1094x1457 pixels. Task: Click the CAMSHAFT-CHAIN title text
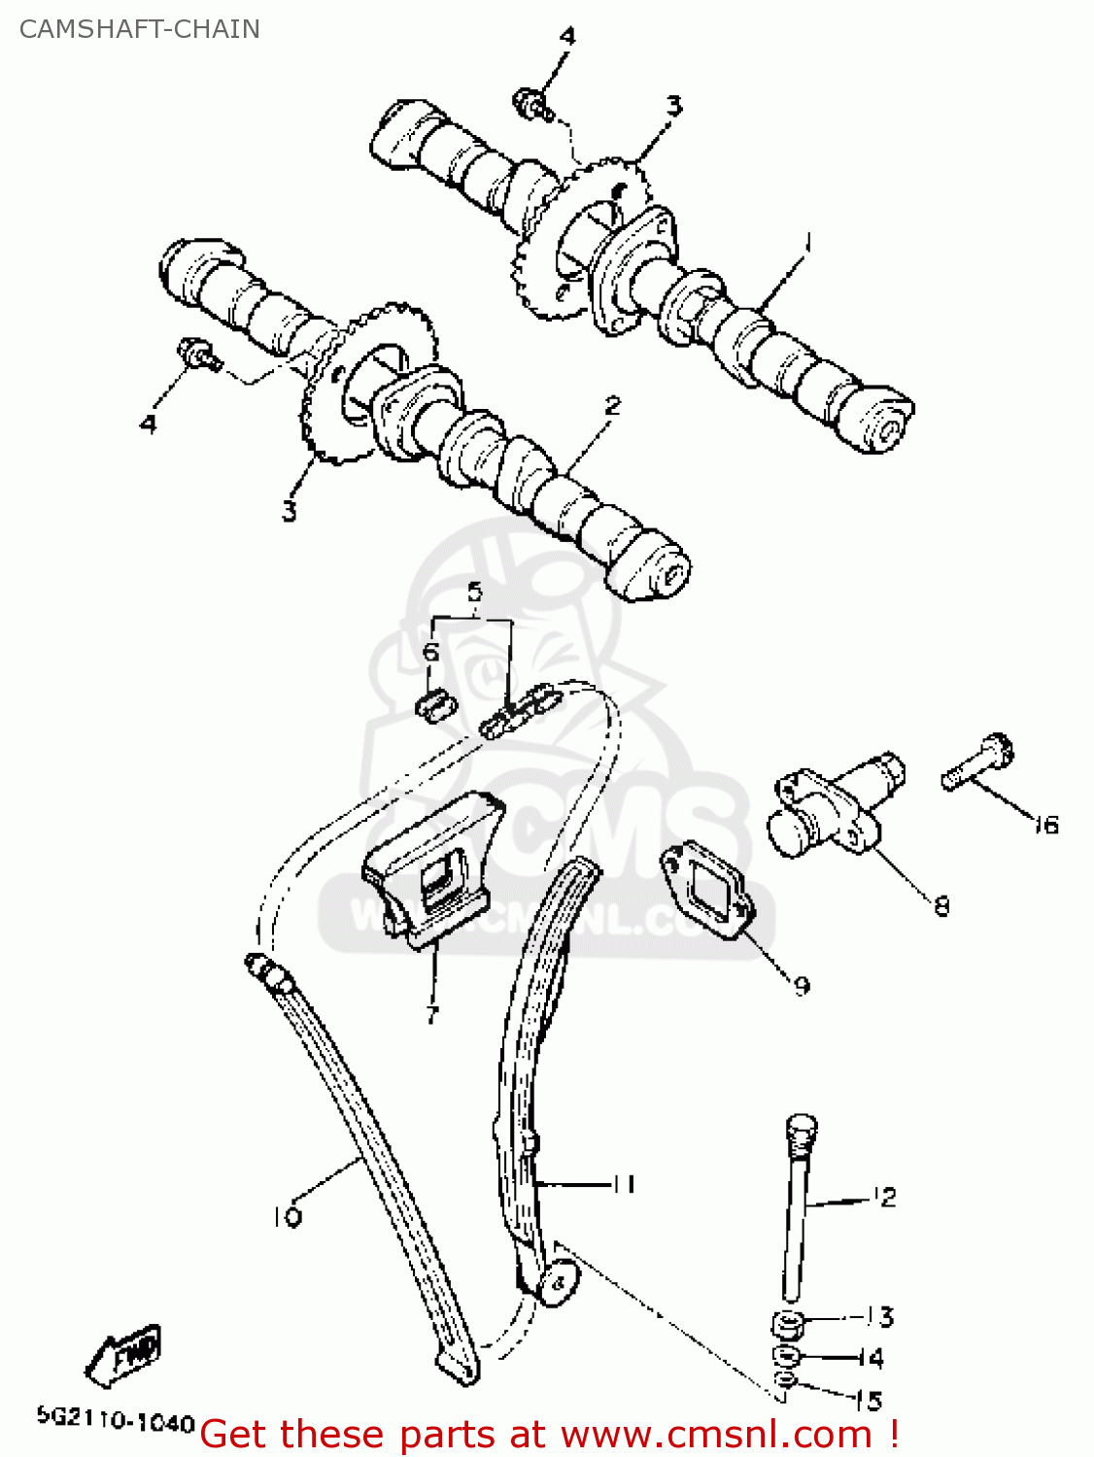click(x=140, y=29)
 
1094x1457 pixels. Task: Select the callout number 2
click(x=612, y=406)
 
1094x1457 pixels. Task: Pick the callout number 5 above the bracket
click(x=474, y=591)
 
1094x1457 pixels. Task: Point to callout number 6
click(x=431, y=651)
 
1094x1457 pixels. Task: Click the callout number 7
click(x=432, y=1015)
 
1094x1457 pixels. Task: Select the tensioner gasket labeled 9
click(x=706, y=892)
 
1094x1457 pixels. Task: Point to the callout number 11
click(x=623, y=1184)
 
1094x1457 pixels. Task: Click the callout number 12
click(x=884, y=1198)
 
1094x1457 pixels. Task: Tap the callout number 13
click(x=880, y=1317)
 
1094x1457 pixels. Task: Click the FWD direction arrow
click(x=123, y=1354)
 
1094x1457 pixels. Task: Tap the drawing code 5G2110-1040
click(x=116, y=1423)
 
